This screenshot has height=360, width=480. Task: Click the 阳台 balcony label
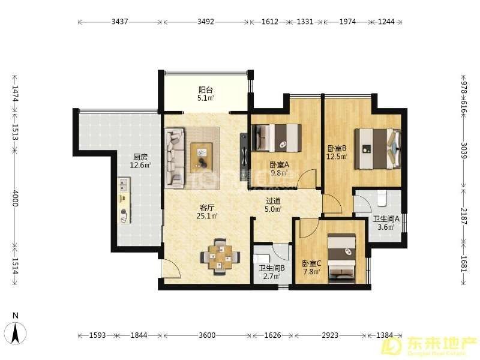coord(206,90)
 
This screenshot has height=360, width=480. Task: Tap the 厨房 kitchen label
coord(140,157)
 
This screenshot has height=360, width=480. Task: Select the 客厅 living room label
coord(207,208)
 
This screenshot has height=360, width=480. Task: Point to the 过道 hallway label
coord(273,201)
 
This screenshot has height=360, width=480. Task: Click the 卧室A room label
coord(279,164)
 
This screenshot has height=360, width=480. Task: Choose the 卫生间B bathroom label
coord(272,268)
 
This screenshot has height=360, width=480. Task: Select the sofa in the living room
coord(175,158)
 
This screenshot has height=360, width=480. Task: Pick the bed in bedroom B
coord(377,149)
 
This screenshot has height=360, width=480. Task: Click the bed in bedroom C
coord(341,258)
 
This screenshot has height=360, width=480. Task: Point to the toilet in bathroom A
coord(382,198)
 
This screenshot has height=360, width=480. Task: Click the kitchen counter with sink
coord(124,200)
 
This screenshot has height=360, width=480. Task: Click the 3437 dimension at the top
coord(119,22)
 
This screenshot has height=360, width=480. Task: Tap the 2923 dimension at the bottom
coord(330,335)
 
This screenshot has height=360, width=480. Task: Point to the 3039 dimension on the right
coord(464,151)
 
